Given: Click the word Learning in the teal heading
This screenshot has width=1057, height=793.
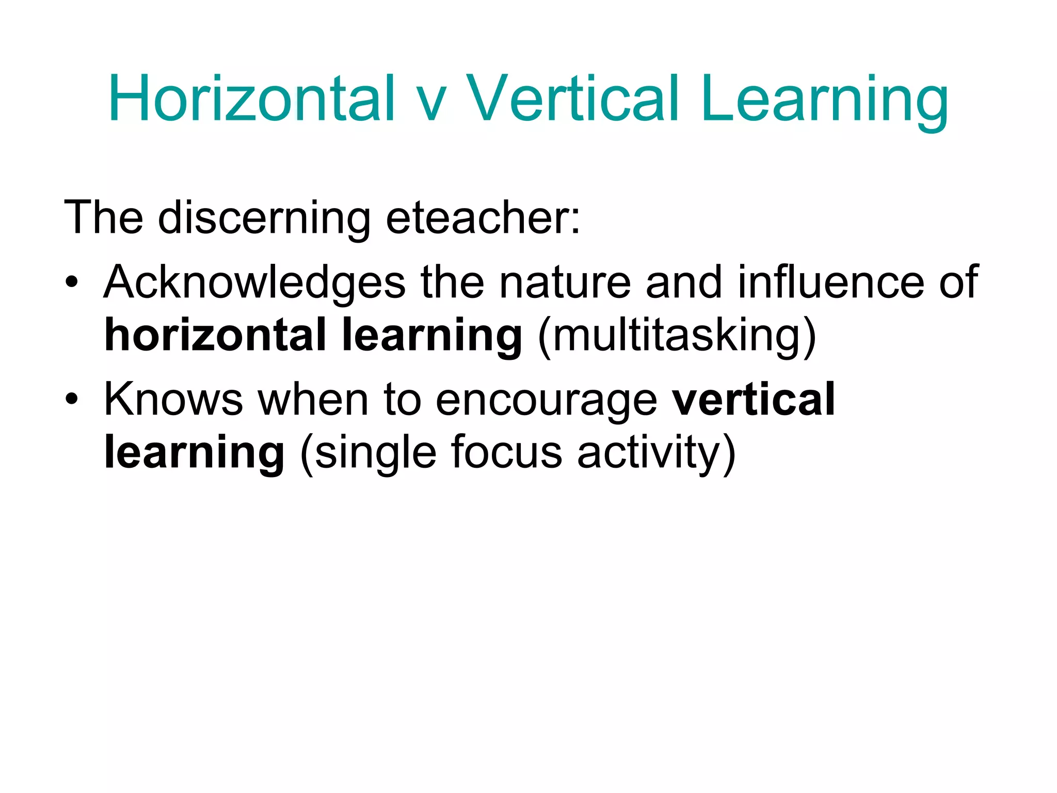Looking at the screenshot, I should coord(824,101).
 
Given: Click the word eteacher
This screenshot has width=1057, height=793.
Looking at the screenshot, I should coord(483,218).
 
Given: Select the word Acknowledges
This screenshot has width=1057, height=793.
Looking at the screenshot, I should coord(255,283).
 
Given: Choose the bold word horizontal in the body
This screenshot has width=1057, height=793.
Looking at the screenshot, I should coord(215,335).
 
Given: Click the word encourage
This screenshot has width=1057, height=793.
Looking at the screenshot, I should coord(546,401).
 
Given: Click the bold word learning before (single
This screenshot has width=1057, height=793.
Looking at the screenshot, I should coord(194,453).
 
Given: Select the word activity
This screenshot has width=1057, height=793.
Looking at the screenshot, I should coord(649,453).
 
